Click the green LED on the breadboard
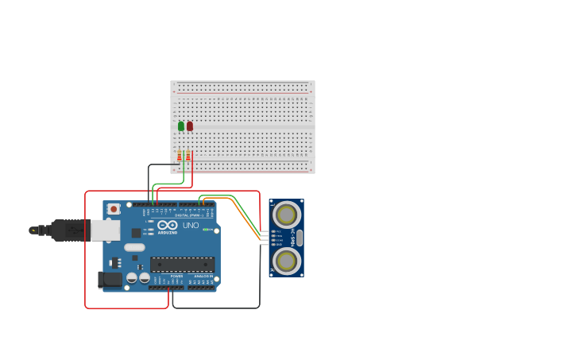[181, 126]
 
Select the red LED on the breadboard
[190, 126]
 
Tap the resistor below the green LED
[180, 156]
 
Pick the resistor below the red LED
[188, 156]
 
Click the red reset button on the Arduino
[114, 209]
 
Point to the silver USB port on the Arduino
[105, 230]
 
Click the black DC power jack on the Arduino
[110, 280]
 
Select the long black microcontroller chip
[182, 265]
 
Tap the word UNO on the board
[191, 226]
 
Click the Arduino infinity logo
[168, 225]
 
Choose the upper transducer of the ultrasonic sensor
[287, 215]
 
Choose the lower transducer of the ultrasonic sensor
[287, 260]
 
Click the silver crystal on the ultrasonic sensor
[300, 238]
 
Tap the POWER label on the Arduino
[176, 277]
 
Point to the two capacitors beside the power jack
[138, 278]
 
